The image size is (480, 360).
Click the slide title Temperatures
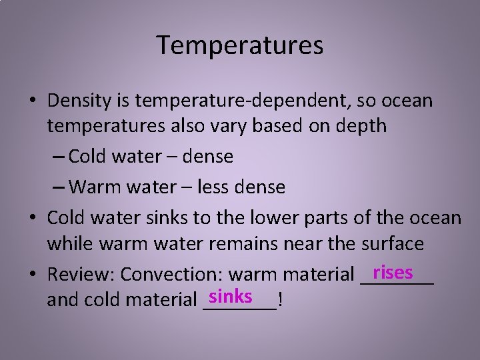click(240, 45)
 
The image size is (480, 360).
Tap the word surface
click(391, 243)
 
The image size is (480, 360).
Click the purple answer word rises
click(393, 272)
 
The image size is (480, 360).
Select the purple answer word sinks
click(230, 295)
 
